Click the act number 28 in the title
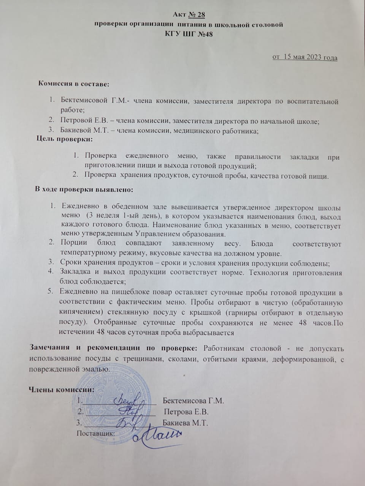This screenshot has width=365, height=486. click(197, 15)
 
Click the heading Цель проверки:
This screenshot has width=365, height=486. click(64, 139)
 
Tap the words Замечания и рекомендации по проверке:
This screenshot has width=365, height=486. click(113, 348)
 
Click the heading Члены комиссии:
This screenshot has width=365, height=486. click(61, 390)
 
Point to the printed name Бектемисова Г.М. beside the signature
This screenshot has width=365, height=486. click(193, 401)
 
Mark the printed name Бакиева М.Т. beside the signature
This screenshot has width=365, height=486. click(185, 423)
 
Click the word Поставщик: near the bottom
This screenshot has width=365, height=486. click(96, 433)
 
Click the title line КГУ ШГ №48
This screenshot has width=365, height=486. click(188, 33)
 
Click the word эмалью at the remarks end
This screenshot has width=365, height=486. click(95, 369)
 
